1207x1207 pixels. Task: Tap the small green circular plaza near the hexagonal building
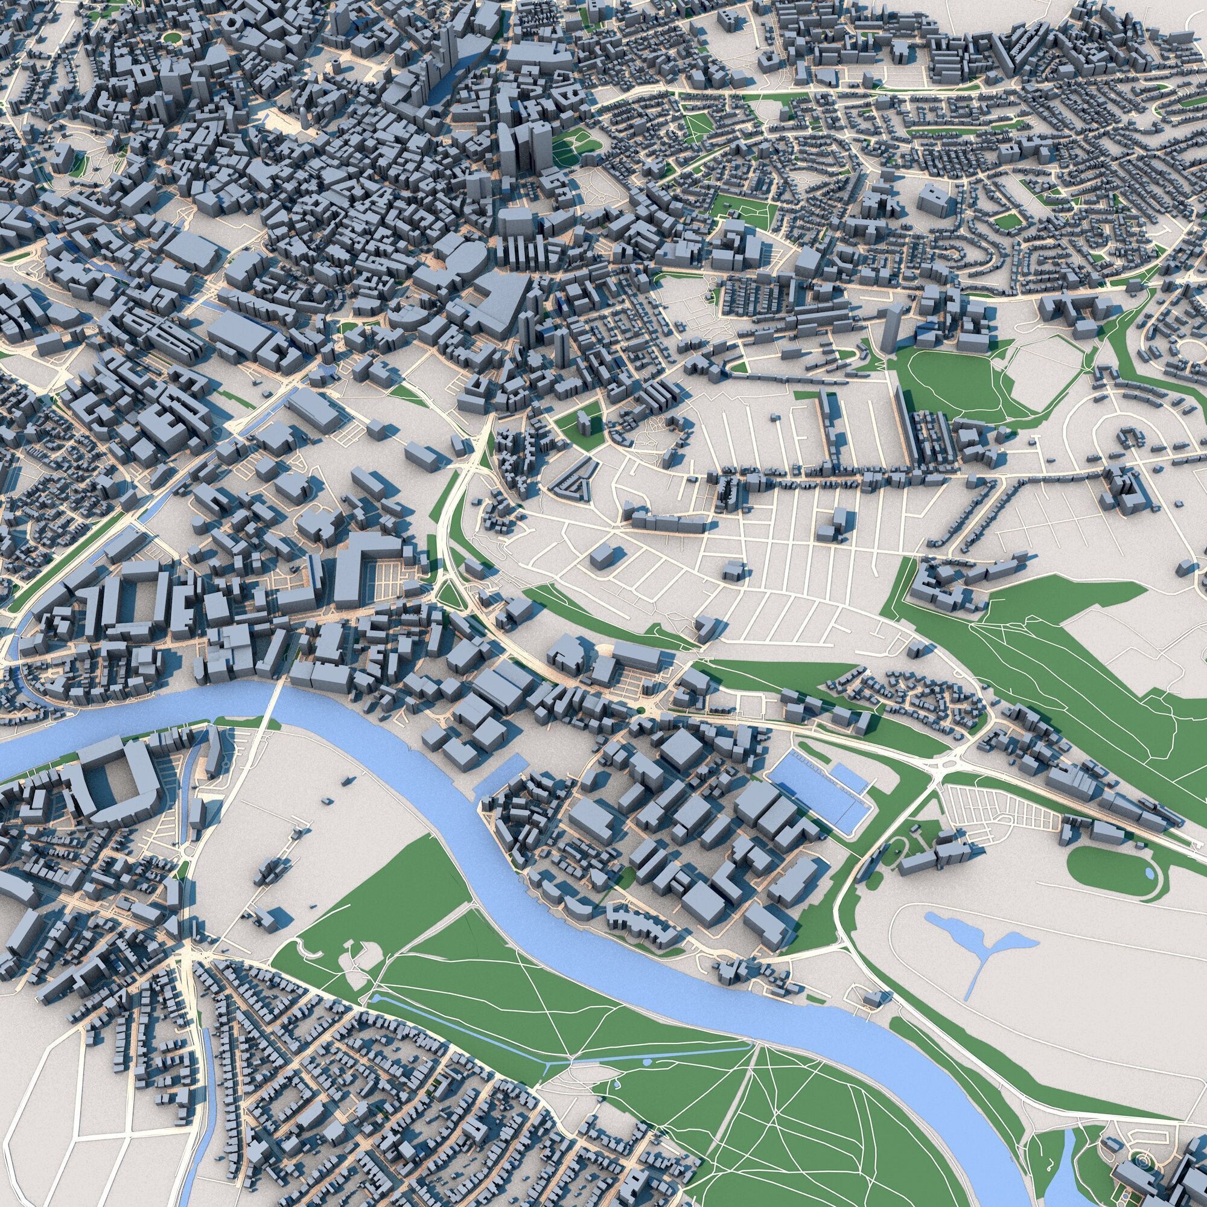coord(171,37)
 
